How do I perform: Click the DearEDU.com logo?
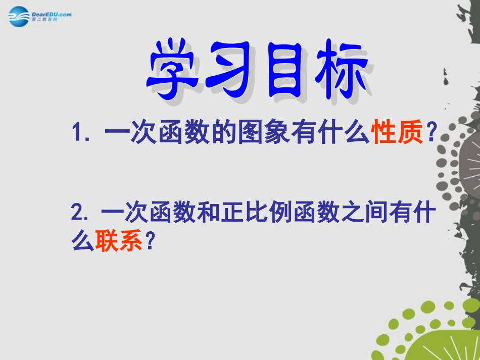pyautogui.click(x=40, y=17)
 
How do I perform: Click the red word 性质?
pyautogui.click(x=398, y=134)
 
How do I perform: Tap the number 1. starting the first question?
pyautogui.click(x=82, y=135)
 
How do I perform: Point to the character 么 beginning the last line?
pyautogui.click(x=83, y=242)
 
